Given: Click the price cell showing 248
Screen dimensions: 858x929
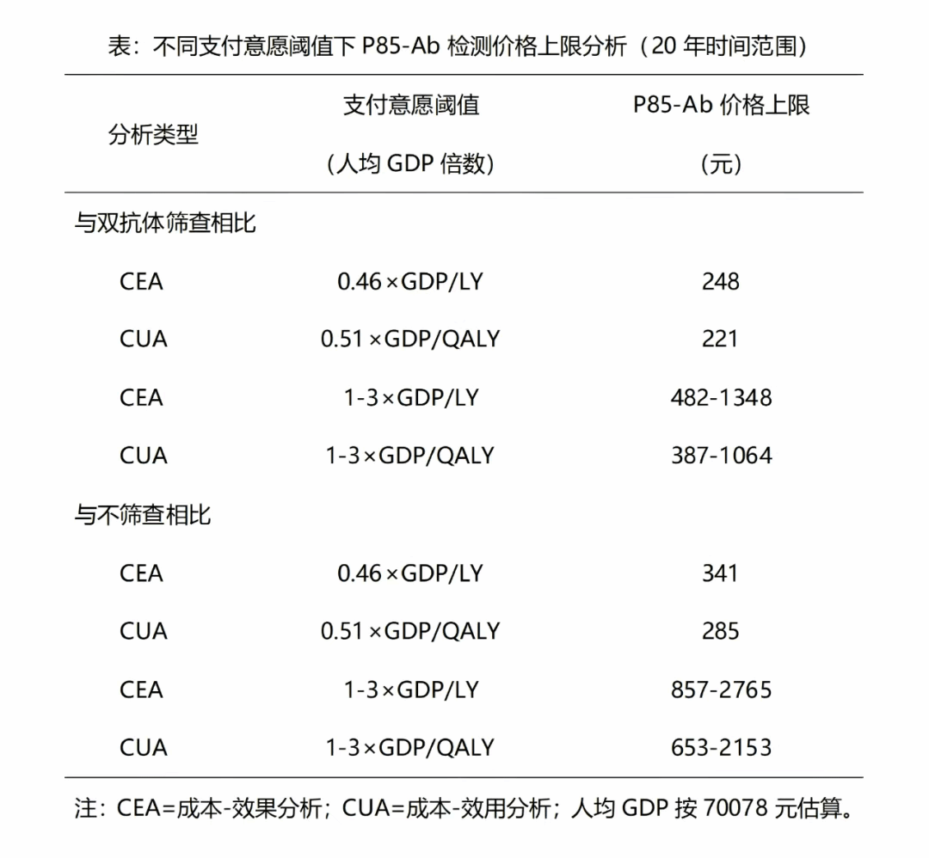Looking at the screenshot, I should pos(720,281).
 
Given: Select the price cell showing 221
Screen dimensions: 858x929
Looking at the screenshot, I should pos(720,339).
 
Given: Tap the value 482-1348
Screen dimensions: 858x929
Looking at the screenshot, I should pos(721,397).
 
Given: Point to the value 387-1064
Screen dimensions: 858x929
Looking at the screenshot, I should pos(721,456).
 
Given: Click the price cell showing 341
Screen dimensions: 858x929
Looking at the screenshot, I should pos(720,573).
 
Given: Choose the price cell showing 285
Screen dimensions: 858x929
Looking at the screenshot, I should pos(720,631).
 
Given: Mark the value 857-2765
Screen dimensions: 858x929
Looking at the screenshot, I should pos(721,689).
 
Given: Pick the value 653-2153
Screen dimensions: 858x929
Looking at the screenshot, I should pos(721,748).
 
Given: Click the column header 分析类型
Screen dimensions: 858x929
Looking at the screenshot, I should pos(153,134).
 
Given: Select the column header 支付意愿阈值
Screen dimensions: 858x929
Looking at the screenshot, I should pos(411,105).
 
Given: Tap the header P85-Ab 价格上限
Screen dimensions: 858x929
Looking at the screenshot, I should pos(721,105).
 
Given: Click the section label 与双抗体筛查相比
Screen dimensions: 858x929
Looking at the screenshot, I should pos(165,224).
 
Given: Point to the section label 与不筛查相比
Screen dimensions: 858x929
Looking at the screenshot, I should pos(143,515).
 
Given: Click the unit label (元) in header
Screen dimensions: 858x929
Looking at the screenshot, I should pos(721,163).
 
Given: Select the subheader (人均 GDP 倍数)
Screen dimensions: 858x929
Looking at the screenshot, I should pos(411,163).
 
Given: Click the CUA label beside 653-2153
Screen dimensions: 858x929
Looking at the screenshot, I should pos(143,748).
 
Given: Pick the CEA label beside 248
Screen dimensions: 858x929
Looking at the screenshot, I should pos(141,281).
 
